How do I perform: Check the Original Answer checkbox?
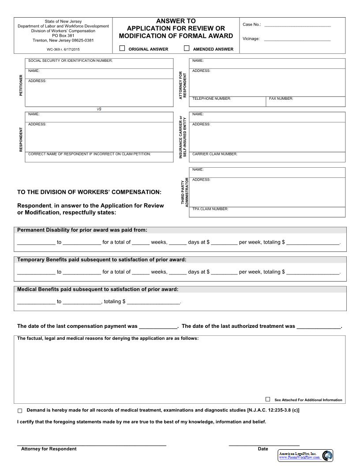click(122, 49)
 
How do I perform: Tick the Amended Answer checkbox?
click(187, 49)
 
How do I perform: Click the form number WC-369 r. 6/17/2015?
click(63, 49)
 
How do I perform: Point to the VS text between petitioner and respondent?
click(99, 109)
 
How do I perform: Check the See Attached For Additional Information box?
click(268, 399)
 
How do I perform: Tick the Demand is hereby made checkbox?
click(20, 411)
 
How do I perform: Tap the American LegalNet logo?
click(305, 456)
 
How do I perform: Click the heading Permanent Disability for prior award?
click(82, 230)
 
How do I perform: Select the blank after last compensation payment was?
click(158, 327)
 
